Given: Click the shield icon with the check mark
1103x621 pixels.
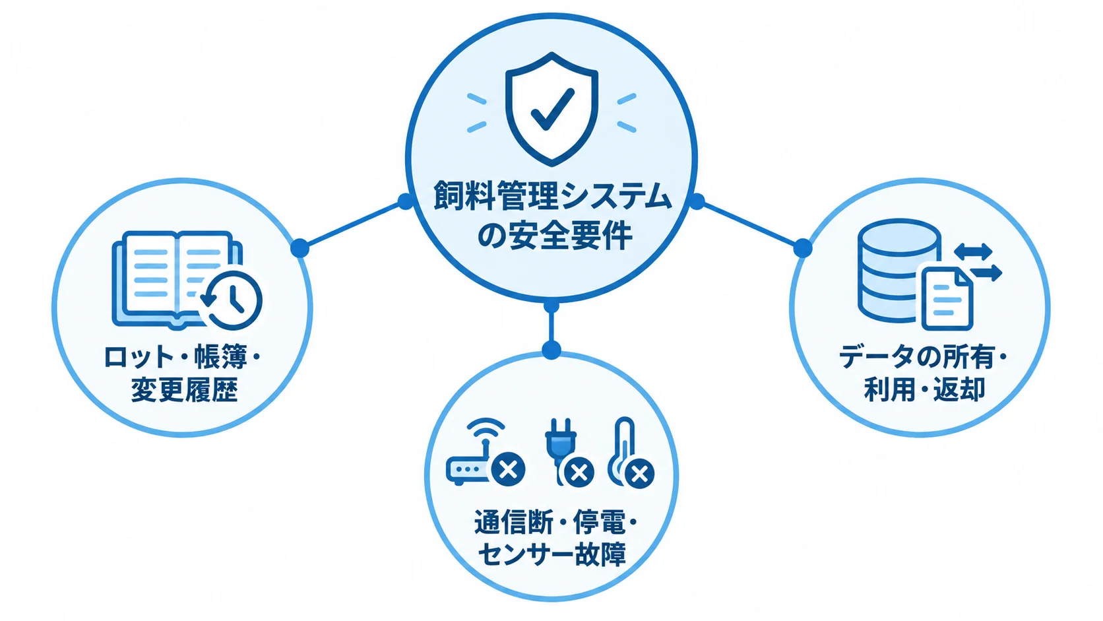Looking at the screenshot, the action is pyautogui.click(x=551, y=109).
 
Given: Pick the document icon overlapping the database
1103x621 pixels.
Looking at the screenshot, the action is pyautogui.click(x=947, y=298).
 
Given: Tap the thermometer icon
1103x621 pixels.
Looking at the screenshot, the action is pyautogui.click(x=621, y=451).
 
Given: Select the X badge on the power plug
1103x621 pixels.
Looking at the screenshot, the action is pyautogui.click(x=579, y=473).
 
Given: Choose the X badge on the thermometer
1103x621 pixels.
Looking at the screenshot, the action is pyautogui.click(x=640, y=474).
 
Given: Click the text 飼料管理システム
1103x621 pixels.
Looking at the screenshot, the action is pyautogui.click(x=552, y=196).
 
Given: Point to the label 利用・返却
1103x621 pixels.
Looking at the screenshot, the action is pyautogui.click(x=924, y=389).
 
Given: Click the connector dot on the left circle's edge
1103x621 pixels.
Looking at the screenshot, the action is pyautogui.click(x=300, y=247).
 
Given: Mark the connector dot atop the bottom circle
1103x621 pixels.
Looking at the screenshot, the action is pyautogui.click(x=551, y=350).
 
